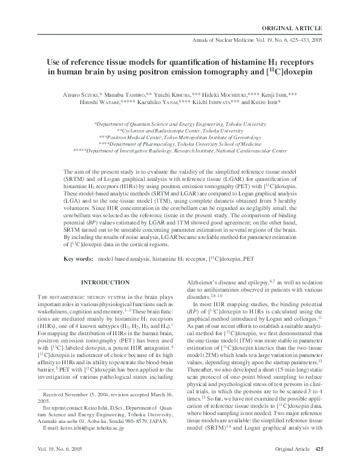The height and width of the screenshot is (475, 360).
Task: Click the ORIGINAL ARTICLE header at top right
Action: [295, 28]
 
